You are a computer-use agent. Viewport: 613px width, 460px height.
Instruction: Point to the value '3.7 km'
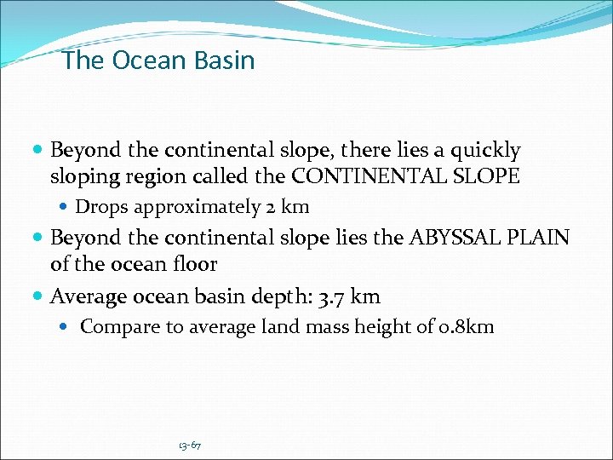pos(353,296)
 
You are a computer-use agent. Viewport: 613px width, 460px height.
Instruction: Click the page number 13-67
pos(190,446)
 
